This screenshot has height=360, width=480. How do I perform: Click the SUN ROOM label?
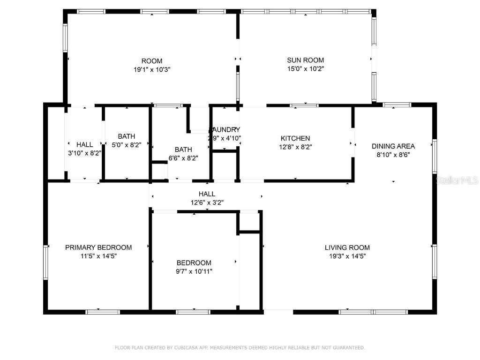pos(305,60)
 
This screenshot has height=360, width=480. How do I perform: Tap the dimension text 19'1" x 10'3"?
pos(152,69)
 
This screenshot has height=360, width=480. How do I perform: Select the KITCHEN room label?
pos(295,138)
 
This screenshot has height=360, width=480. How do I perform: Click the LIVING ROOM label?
pos(347,247)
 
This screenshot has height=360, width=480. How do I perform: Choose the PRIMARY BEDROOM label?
pos(98,247)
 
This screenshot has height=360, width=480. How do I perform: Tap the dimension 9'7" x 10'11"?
pos(194,271)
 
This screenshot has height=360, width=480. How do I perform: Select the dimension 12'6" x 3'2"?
pos(207,202)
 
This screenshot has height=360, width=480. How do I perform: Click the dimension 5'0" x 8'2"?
pos(126,145)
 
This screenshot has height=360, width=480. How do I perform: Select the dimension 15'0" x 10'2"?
pos(305,68)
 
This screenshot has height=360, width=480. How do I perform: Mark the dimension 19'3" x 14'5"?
pos(347,256)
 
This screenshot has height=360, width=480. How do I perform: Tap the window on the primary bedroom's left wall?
pos(46,262)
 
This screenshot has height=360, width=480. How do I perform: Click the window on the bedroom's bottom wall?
pos(193,311)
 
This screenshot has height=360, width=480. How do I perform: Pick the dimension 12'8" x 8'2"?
pos(295,147)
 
